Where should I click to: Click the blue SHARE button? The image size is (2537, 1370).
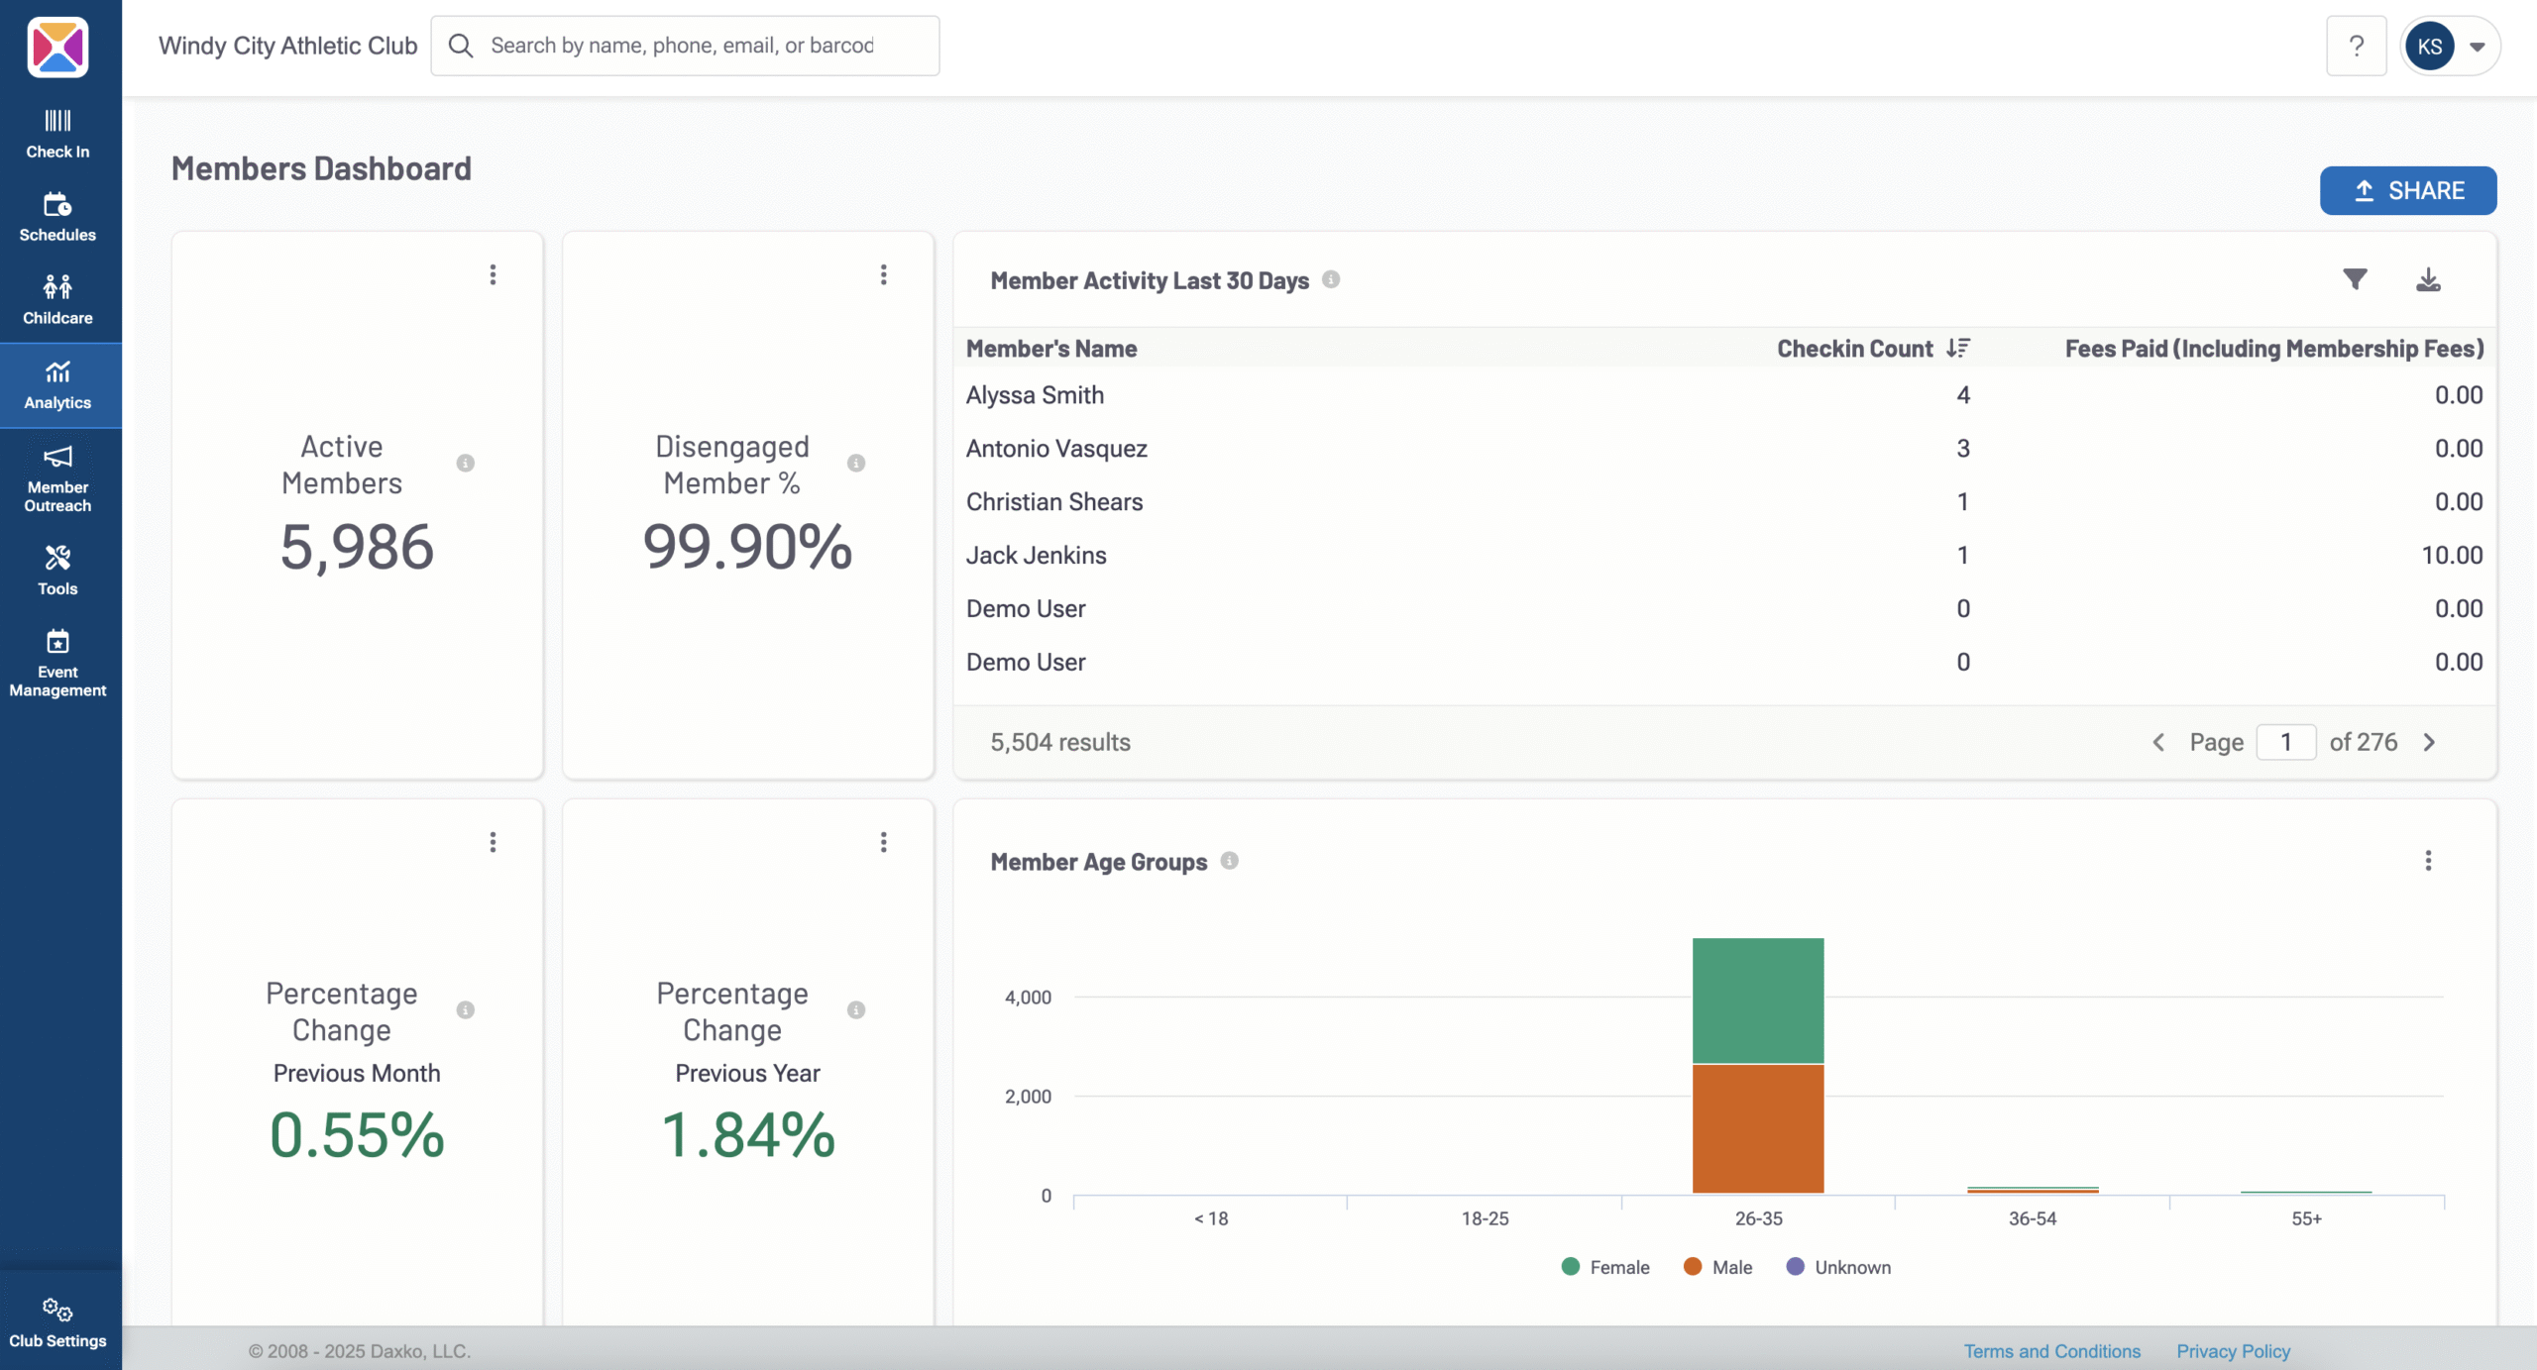click(2407, 190)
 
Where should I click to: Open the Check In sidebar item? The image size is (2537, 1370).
click(57, 134)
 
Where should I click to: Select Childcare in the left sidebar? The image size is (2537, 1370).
click(57, 300)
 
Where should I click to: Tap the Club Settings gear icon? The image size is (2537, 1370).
click(57, 1310)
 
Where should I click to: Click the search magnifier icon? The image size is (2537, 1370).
click(461, 46)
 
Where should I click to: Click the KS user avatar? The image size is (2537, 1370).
click(2429, 47)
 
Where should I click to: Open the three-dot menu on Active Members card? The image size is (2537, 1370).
click(493, 274)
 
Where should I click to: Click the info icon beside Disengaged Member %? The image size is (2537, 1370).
click(856, 464)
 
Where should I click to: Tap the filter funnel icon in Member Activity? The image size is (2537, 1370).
click(2355, 280)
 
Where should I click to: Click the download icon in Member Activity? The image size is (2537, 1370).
click(2428, 280)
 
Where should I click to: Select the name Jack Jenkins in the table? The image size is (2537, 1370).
click(1036, 556)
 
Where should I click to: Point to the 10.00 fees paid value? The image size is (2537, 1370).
click(2452, 556)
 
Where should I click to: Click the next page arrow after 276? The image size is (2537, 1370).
click(2429, 742)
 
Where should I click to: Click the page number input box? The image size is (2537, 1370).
click(2285, 742)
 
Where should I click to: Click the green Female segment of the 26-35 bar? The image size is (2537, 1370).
click(1758, 1001)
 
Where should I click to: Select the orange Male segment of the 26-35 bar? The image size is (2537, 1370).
click(1758, 1129)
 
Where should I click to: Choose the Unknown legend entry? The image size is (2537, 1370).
click(1839, 1267)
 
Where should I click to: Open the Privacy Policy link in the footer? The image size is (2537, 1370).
click(2233, 1351)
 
